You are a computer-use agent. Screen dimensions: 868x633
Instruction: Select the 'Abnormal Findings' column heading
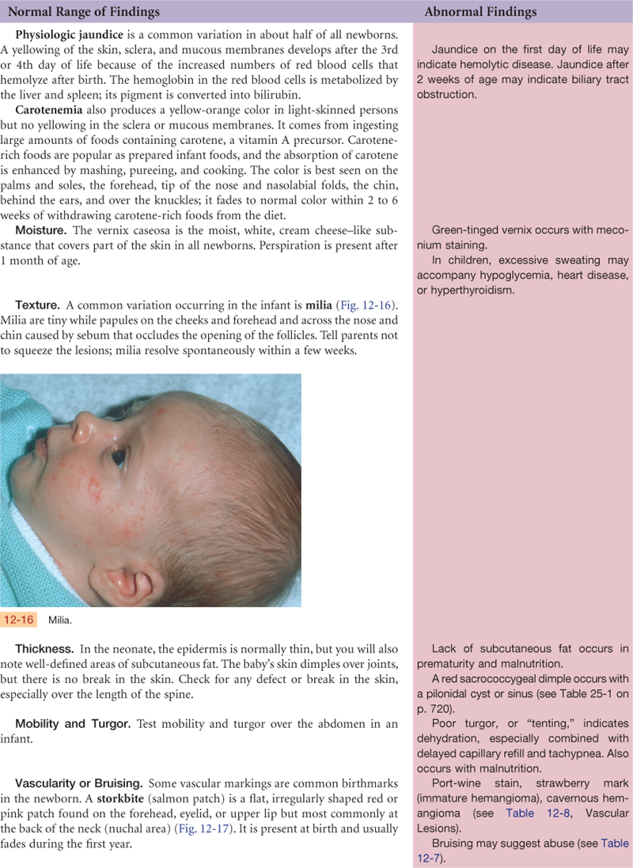pos(480,12)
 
